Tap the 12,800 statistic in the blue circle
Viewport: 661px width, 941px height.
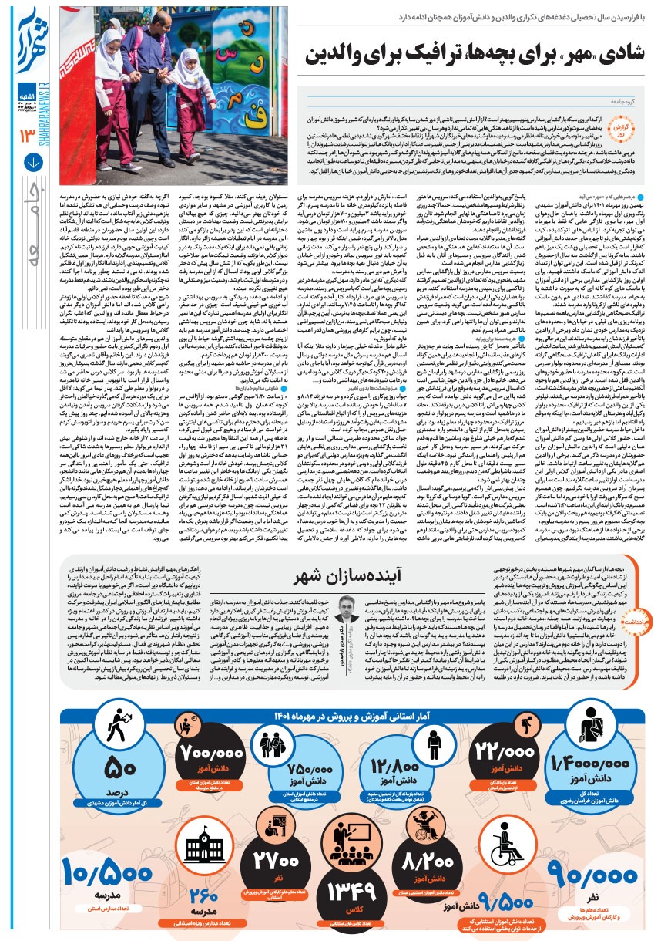tap(394, 747)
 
